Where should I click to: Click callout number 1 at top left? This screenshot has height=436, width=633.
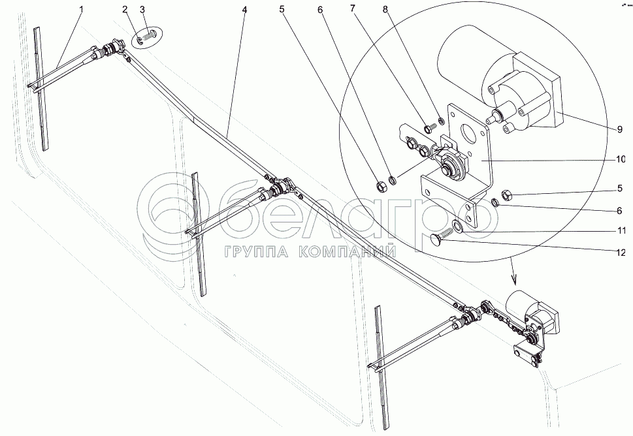[81, 8]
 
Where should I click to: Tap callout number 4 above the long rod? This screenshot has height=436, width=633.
[244, 8]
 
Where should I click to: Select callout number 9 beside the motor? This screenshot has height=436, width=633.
[619, 129]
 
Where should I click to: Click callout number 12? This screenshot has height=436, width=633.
[621, 253]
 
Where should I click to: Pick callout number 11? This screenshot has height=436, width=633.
[621, 231]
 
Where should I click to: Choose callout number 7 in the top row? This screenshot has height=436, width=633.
[353, 8]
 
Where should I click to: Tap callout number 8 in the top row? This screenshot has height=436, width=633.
[385, 8]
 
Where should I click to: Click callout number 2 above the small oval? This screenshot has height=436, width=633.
[125, 9]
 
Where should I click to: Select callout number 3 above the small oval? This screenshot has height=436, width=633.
[142, 9]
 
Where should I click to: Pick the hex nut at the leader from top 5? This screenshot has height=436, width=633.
[381, 186]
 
